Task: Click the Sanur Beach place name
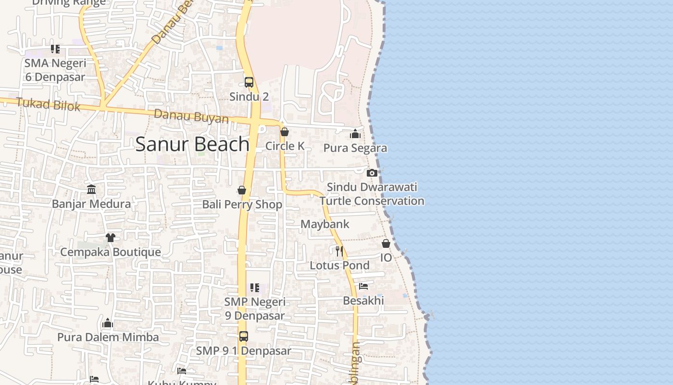192,144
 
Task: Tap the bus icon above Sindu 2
249,82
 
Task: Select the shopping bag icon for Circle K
285,132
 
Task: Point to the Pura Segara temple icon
355,134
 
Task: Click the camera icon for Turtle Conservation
372,173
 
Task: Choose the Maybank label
325,224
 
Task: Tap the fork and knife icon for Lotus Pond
339,251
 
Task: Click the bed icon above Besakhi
363,286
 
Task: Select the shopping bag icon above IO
386,244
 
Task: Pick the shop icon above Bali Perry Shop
242,191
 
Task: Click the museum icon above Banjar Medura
91,190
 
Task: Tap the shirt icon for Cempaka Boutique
111,238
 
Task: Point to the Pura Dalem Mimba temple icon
108,323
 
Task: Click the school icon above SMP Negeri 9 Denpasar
255,288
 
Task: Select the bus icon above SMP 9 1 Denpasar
244,336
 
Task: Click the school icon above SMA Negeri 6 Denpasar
55,49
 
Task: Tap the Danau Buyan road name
191,116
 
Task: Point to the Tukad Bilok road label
48,104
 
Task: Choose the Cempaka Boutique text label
111,252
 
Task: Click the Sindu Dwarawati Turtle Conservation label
372,194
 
